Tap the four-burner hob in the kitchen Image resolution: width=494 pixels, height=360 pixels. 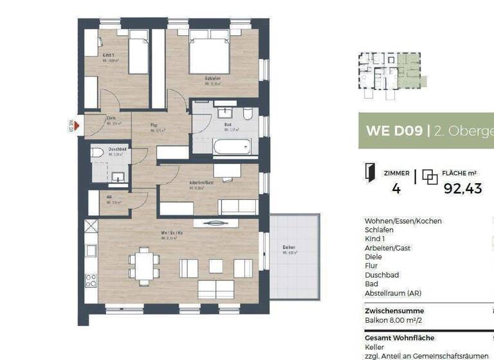tap(91, 280)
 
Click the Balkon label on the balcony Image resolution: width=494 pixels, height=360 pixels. tap(289, 248)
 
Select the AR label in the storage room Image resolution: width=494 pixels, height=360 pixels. tap(109, 198)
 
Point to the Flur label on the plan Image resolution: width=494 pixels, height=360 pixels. tap(154, 125)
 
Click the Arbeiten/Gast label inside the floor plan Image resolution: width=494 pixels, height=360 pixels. tap(197, 182)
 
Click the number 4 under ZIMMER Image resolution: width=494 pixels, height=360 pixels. tap(396, 188)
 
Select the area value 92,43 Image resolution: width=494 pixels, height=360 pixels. tap(463, 188)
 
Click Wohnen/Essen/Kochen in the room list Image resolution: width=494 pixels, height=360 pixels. tap(403, 221)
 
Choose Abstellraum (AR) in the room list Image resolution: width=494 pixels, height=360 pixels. tap(394, 293)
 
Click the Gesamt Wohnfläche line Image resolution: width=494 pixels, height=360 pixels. tap(399, 337)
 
